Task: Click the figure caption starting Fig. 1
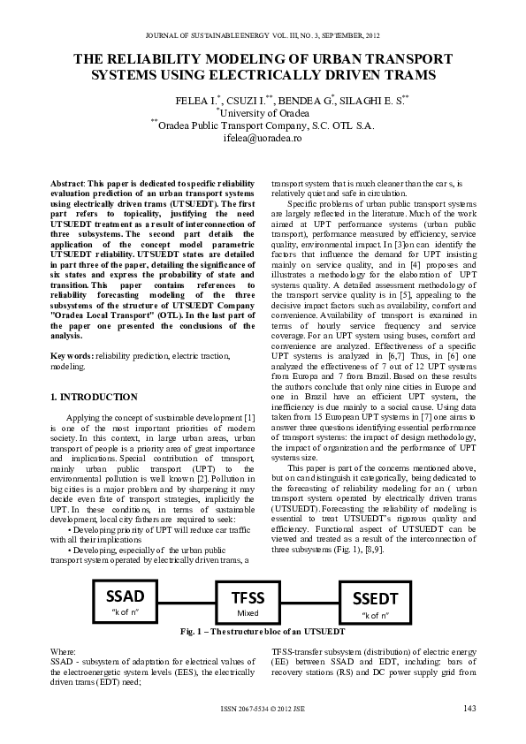tap(262, 633)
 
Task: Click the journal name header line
tap(263, 35)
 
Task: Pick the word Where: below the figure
tap(65, 650)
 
